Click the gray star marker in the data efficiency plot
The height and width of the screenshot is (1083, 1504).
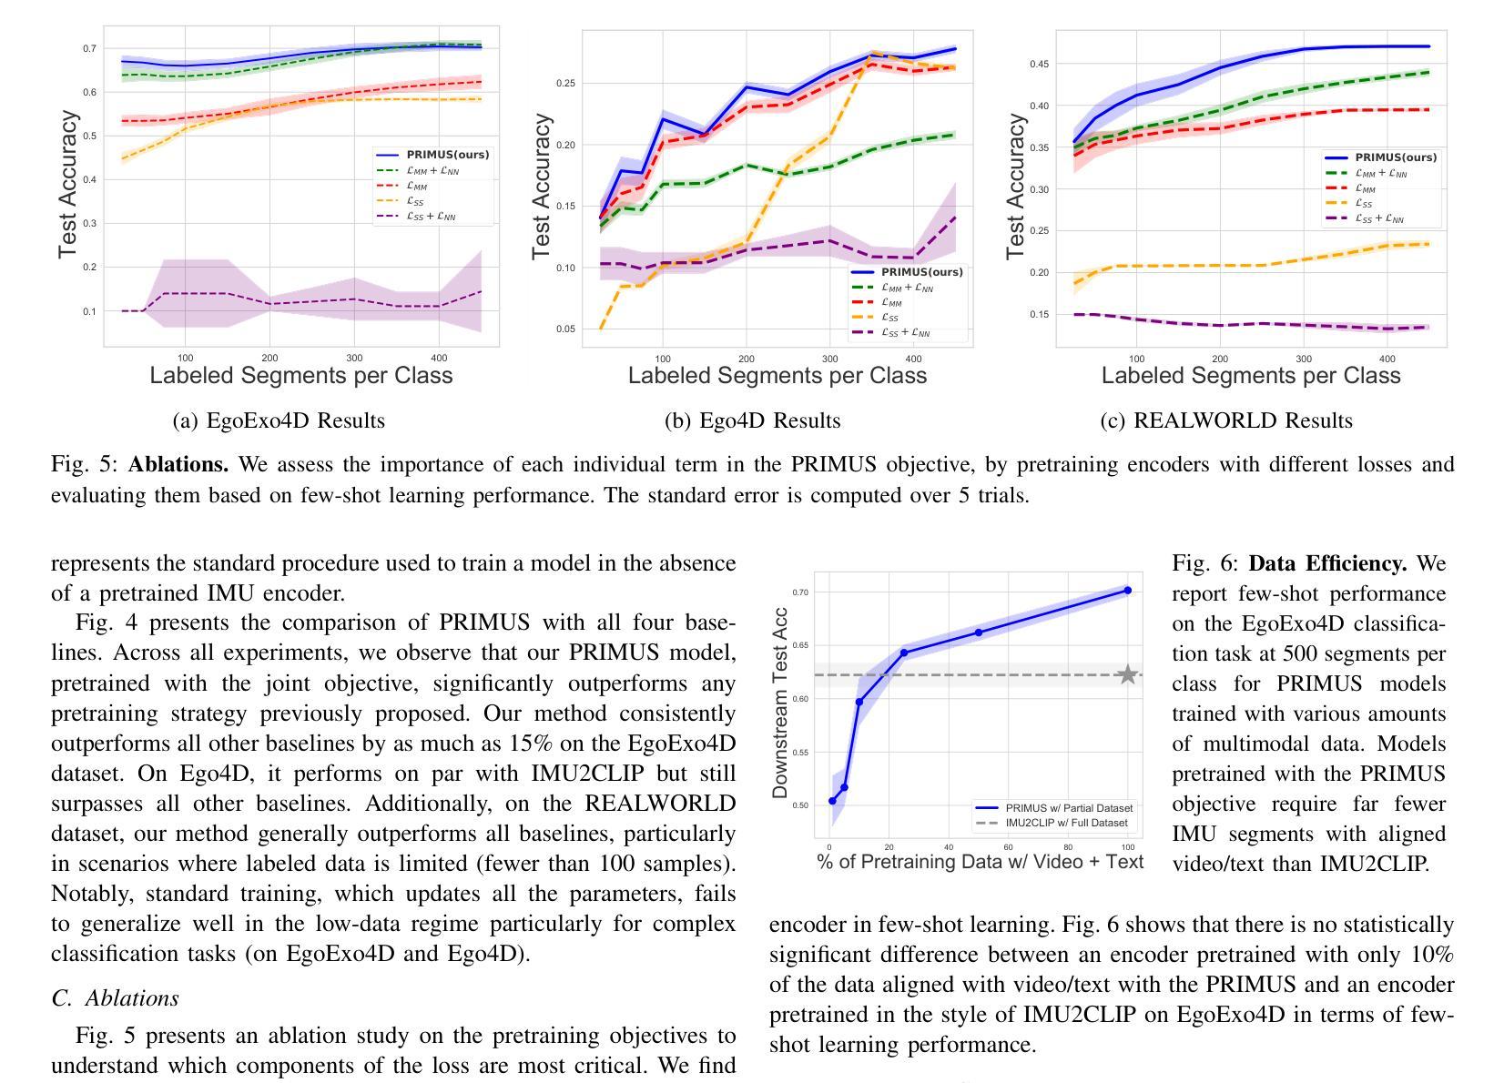click(x=1127, y=674)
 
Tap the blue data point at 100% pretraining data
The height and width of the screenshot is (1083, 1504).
click(x=1127, y=591)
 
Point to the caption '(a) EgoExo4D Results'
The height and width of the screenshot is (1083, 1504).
click(x=279, y=420)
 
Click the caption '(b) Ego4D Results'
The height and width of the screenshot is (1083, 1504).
click(x=752, y=420)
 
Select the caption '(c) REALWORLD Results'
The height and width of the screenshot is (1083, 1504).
click(x=1225, y=420)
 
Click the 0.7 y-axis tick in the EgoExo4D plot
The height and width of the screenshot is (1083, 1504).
click(x=89, y=48)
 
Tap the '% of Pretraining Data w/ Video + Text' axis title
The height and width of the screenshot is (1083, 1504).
click(x=980, y=861)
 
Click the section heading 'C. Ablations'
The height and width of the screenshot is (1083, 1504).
click(x=116, y=998)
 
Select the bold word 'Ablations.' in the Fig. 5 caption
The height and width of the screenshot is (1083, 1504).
click(x=178, y=465)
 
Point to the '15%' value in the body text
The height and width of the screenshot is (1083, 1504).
click(x=530, y=744)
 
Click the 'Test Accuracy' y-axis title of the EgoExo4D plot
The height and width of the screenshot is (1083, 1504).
click(x=67, y=185)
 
